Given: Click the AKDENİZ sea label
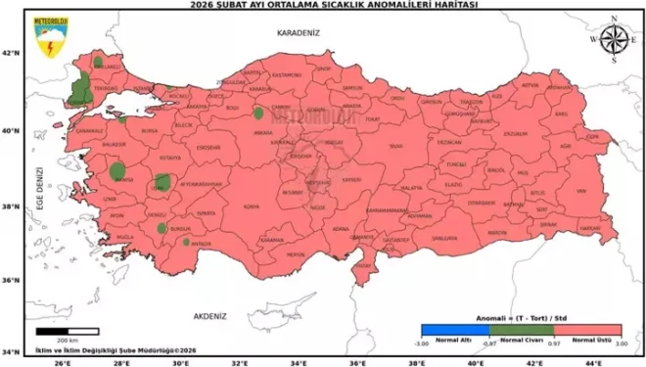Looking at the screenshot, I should coord(209,316).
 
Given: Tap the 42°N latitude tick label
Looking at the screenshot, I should coord(12,53).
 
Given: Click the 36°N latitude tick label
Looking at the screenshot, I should coord(12,281).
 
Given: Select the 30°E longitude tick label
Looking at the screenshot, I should coord(178,361).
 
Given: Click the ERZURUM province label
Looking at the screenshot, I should coord(514,134).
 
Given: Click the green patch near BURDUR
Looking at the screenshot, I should coord(162,228).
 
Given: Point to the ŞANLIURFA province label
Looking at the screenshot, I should coord(444,238).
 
